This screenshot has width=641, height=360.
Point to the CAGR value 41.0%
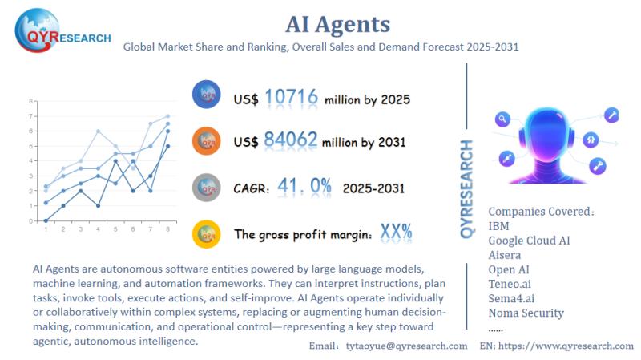coord(304,187)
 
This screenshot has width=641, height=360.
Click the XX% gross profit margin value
coord(396,233)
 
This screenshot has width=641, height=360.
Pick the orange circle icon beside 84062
coord(207,142)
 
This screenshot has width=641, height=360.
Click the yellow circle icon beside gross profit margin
coord(207,233)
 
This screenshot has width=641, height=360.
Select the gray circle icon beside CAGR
coord(207,188)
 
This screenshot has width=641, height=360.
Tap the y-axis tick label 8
coord(30,101)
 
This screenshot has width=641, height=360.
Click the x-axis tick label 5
coord(116,230)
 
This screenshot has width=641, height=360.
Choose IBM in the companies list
coord(498,226)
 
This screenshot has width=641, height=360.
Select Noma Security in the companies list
coord(526,313)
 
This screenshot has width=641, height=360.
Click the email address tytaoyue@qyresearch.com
coord(406,346)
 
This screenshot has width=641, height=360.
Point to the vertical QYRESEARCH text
coord(467,188)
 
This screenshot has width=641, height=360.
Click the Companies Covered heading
coord(542,212)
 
